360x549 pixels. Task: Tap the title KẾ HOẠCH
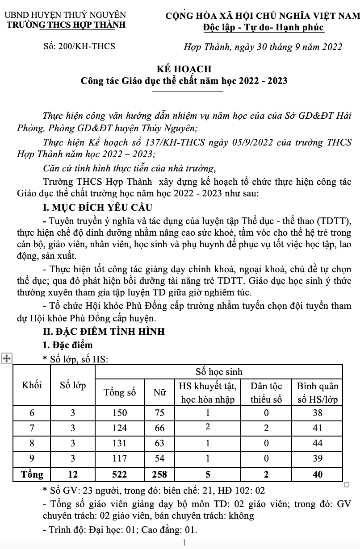tap(184, 69)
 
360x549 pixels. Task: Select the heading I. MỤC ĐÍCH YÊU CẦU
tap(96, 208)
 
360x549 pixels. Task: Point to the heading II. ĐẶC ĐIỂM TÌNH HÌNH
tap(103, 331)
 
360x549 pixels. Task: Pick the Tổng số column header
tap(119, 393)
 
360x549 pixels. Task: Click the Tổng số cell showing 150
tap(119, 413)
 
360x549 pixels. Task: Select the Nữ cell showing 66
tap(159, 428)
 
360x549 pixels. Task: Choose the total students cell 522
tap(119, 474)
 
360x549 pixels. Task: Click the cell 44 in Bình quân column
tap(317, 443)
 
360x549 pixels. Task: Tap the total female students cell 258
tap(159, 474)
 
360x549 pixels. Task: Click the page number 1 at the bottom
tap(184, 542)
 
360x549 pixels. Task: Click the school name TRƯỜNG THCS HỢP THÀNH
tap(65, 25)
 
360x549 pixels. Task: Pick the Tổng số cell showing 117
tap(119, 458)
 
